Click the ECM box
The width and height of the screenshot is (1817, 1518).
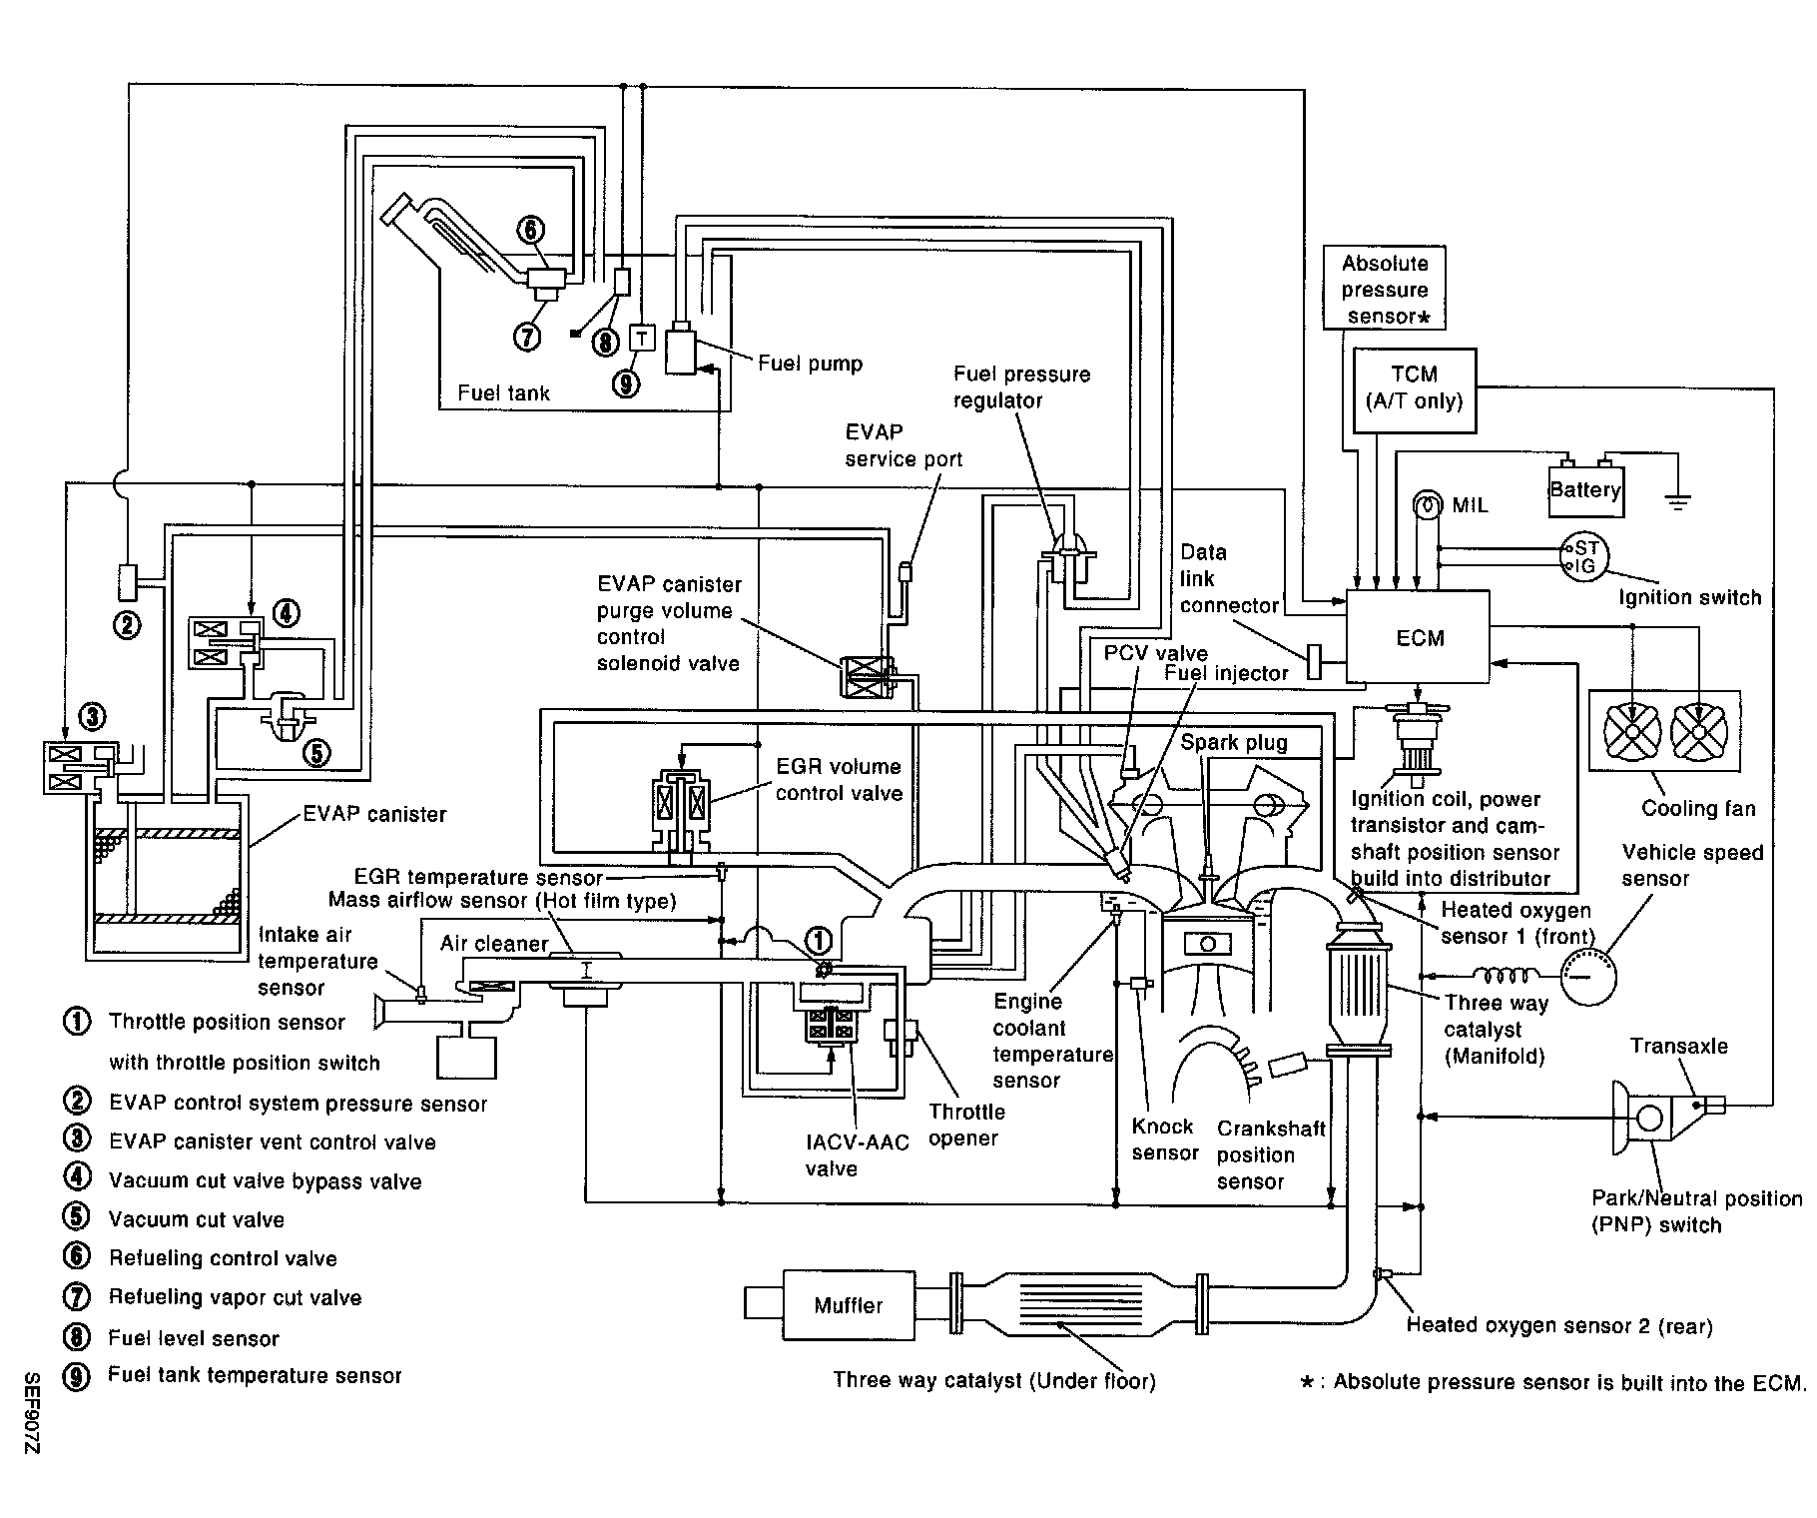click(1418, 637)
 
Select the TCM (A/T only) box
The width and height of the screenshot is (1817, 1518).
click(1414, 389)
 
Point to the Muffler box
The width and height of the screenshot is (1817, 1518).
click(849, 1305)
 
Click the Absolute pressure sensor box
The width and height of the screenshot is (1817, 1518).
click(1385, 290)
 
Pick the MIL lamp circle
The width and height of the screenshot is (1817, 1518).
click(1428, 505)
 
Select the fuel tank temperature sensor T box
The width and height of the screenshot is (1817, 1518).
click(642, 339)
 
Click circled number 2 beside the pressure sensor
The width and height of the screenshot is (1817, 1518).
click(127, 625)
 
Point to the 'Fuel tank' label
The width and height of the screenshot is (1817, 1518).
click(503, 393)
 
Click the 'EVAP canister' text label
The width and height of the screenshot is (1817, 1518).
click(374, 814)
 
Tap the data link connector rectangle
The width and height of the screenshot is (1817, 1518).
click(1315, 660)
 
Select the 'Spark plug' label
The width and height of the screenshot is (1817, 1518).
click(1234, 742)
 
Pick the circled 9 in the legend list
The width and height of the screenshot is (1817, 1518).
click(76, 1376)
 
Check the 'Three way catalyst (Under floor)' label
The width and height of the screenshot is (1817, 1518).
click(994, 1381)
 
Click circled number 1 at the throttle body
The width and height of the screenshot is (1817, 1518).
click(819, 939)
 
